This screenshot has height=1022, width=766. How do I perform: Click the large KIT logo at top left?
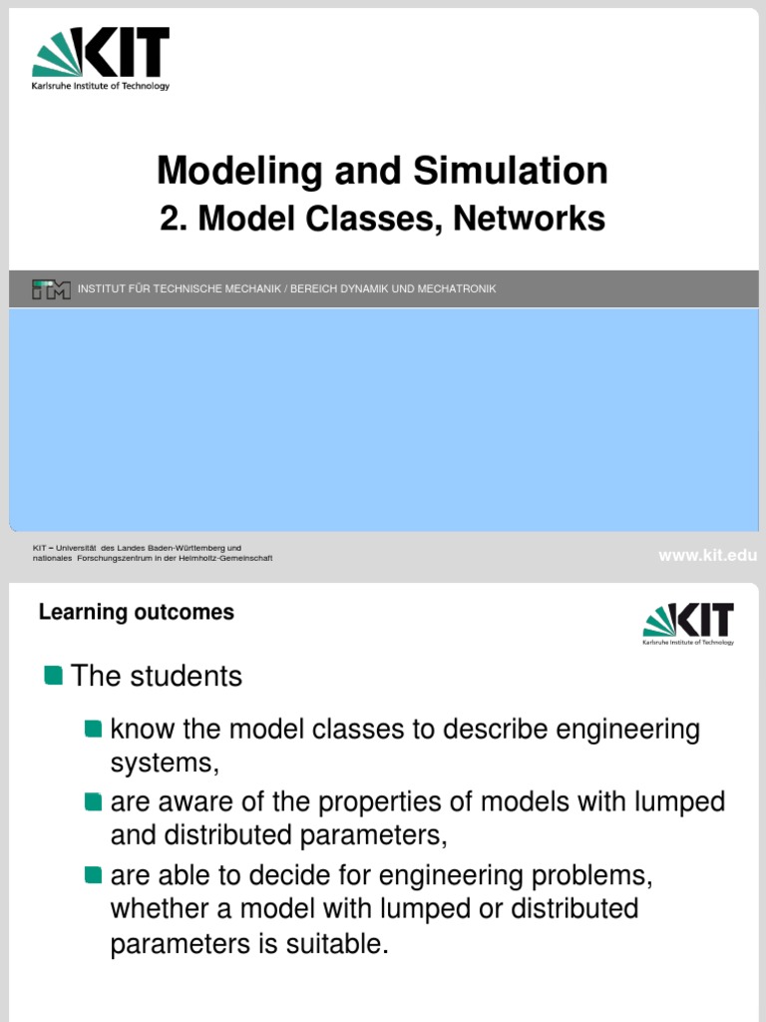(x=101, y=57)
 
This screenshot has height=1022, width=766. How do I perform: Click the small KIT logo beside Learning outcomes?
(x=688, y=624)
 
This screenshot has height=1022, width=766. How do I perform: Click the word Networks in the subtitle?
(x=529, y=219)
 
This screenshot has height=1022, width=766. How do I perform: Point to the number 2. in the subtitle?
(x=175, y=219)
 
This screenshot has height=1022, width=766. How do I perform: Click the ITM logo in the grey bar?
(x=51, y=289)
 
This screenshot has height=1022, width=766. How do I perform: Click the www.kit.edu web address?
(x=707, y=556)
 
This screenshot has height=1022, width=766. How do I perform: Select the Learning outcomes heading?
(x=137, y=612)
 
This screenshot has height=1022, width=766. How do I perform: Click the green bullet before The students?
(x=54, y=676)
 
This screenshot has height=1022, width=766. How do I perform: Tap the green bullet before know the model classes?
(x=94, y=729)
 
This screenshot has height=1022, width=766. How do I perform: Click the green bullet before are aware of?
(x=94, y=801)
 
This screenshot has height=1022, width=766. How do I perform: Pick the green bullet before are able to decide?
(x=94, y=875)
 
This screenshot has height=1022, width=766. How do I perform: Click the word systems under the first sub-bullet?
(x=162, y=763)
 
